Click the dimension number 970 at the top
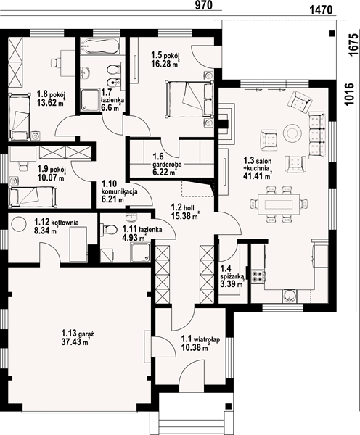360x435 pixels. [203, 5]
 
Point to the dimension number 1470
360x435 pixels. [321, 10]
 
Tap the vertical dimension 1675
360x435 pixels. [353, 45]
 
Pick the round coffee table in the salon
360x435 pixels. [292, 133]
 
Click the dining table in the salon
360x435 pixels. [279, 204]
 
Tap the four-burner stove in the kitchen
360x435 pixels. [258, 276]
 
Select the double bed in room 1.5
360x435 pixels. [189, 99]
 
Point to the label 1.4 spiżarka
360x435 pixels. [232, 273]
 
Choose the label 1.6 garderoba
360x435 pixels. [167, 161]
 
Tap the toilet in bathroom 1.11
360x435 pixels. [110, 230]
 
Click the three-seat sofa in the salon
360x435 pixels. [316, 136]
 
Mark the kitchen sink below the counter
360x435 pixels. [290, 297]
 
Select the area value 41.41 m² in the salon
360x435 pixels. [257, 175]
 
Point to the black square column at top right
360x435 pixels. [331, 33]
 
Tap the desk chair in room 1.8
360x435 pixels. [55, 62]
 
